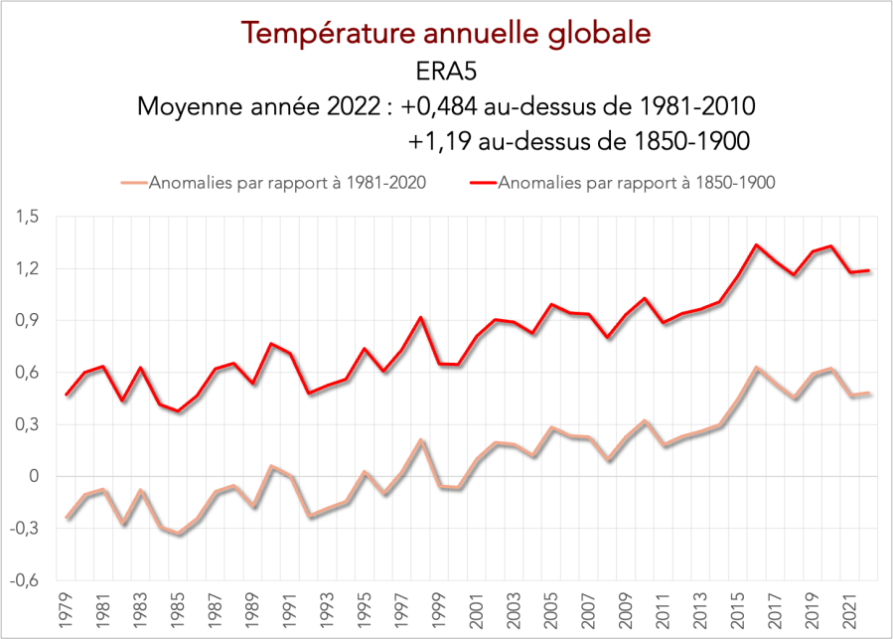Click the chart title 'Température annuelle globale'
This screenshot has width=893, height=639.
(446, 33)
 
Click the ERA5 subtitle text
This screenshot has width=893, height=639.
(446, 72)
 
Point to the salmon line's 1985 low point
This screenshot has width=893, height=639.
(179, 535)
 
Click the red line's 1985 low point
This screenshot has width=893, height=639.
(179, 411)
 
